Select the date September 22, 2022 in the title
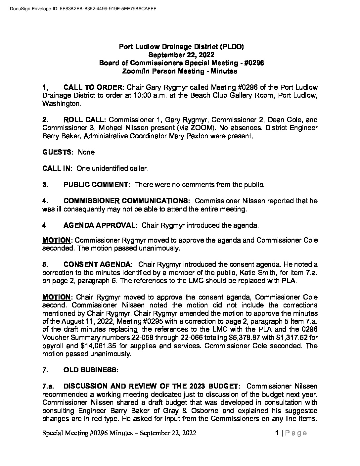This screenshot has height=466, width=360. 181,55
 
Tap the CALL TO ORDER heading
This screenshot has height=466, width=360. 93,88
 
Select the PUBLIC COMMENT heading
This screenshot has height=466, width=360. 97,185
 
